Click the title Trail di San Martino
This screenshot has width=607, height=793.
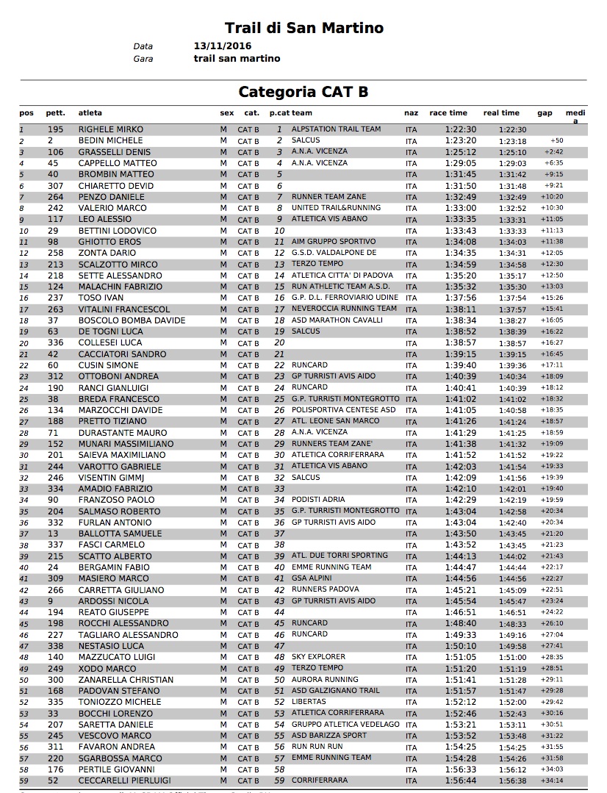point(303,29)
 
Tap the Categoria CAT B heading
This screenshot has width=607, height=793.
point(303,92)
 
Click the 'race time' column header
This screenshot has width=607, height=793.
point(448,113)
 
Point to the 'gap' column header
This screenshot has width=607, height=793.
point(545,113)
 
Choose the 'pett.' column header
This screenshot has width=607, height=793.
point(56,113)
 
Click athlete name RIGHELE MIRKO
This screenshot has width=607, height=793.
point(111,129)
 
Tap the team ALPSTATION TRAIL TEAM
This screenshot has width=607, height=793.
point(336,129)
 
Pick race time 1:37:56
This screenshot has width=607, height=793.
point(461,298)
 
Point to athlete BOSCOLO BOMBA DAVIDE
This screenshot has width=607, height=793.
point(122,320)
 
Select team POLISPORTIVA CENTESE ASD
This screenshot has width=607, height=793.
point(343,410)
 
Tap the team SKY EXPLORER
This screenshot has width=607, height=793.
point(318,657)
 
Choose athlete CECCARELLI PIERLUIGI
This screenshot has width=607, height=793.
point(124,781)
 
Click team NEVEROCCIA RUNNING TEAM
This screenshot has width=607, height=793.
point(344,309)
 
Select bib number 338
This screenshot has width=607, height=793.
point(56,646)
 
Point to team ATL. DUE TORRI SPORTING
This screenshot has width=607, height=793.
point(340,556)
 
